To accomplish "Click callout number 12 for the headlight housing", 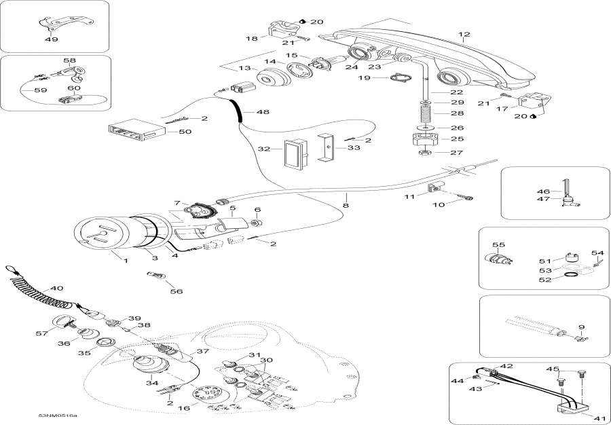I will click(x=464, y=34).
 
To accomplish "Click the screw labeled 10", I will click(x=467, y=198).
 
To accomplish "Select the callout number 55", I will click(x=499, y=244).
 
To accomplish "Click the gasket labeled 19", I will click(x=398, y=79).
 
